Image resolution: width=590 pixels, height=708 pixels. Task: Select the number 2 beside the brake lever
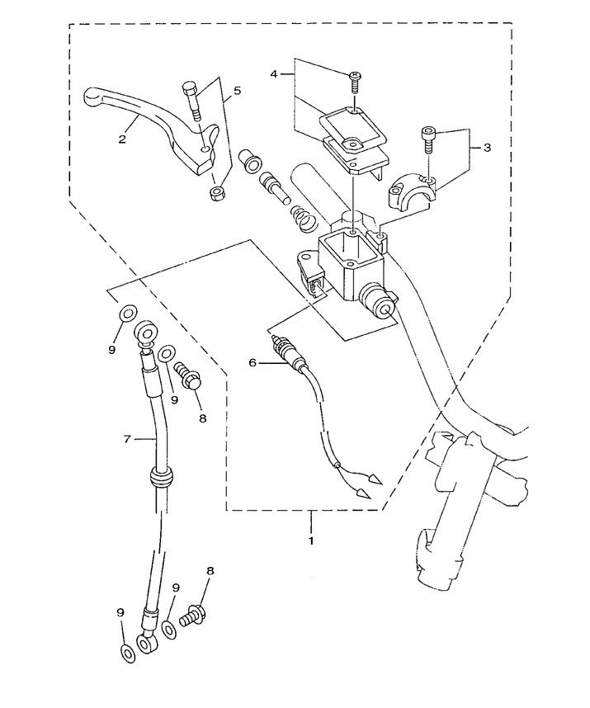pos(122,139)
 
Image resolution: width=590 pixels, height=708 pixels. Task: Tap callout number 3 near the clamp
pos(487,148)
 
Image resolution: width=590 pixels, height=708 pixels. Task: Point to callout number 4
pos(275,74)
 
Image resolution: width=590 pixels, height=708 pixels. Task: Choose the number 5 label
pos(237,92)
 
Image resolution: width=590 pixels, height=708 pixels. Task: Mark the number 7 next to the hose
pos(127,440)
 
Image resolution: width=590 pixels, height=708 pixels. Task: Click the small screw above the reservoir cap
pos(353,80)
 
